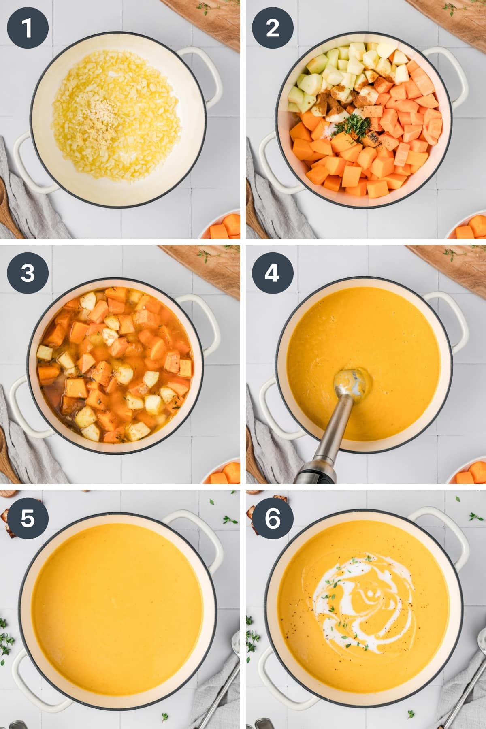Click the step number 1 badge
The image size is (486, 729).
click(x=28, y=28)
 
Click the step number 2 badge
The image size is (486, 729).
click(x=273, y=28)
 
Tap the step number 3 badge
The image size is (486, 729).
click(x=28, y=273)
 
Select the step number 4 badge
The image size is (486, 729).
click(x=273, y=273)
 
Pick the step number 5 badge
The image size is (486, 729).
click(x=28, y=518)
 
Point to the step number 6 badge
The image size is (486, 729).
click(x=273, y=518)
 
